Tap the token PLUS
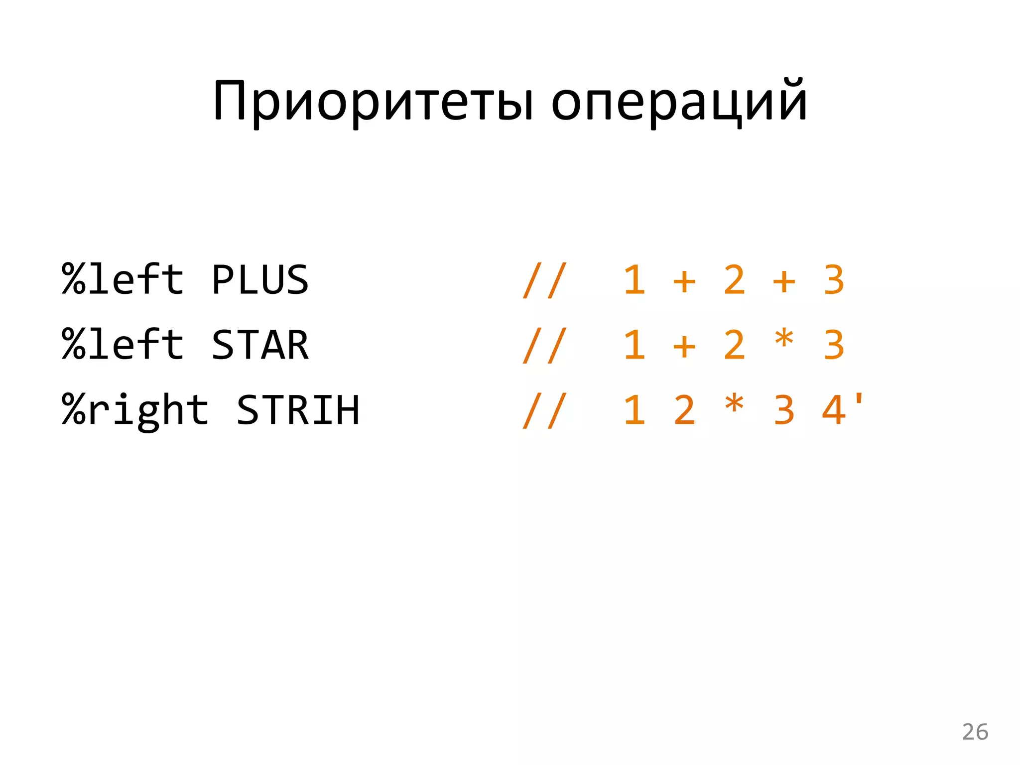(260, 280)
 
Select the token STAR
(260, 345)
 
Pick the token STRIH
(298, 410)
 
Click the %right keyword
(135, 410)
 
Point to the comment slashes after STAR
(545, 346)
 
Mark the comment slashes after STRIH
(545, 410)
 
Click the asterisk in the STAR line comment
(784, 340)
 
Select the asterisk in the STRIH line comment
(734, 405)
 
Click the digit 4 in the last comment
(834, 410)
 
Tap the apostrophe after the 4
(859, 399)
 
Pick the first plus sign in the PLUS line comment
(684, 281)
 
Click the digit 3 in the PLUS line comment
(834, 280)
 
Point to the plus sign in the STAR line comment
(684, 346)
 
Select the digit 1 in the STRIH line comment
(635, 410)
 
